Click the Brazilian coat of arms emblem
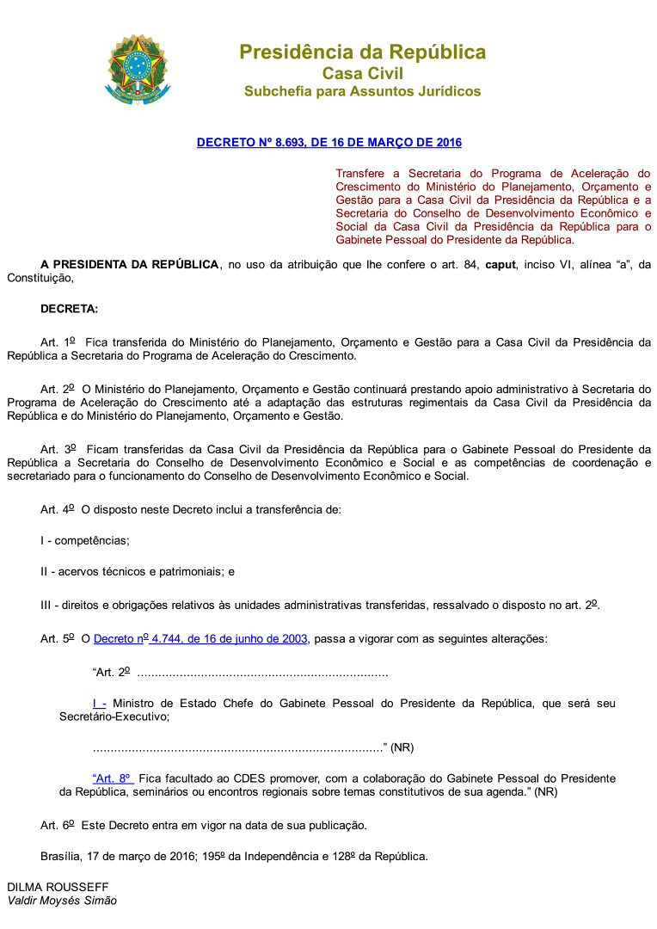coord(138,70)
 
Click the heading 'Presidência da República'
coord(362,52)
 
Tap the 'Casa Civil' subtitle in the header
coord(362,73)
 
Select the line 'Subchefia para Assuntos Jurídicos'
coord(362,91)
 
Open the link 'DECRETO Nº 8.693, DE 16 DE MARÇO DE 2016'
coord(328,142)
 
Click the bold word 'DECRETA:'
coord(69,308)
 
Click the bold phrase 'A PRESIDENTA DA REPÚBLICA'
coord(129,264)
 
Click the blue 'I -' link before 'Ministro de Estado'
coord(99,703)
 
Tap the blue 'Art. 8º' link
coord(112,778)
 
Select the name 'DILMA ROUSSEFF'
coord(58,886)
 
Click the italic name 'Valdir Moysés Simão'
coord(62,901)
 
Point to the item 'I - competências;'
coord(85,540)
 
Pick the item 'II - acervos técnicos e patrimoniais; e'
coord(138,571)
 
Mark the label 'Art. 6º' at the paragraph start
coord(58,826)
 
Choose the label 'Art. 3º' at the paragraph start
coord(58,449)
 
